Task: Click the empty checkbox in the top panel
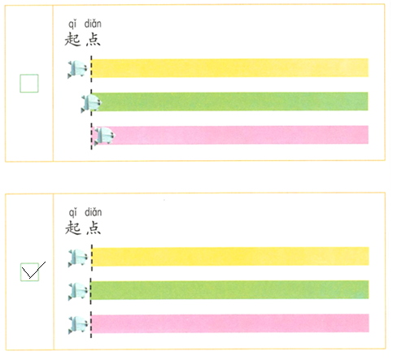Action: tap(29, 84)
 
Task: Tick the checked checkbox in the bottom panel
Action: tap(29, 272)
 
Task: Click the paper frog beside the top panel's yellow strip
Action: tap(77, 69)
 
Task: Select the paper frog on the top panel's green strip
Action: tap(91, 103)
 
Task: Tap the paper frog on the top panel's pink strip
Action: tap(105, 136)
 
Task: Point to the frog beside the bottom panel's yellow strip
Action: tap(78, 258)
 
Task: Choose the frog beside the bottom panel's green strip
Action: tap(78, 292)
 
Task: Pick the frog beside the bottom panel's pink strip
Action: tap(78, 325)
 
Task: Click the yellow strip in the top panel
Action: tap(230, 67)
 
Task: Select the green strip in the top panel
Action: tap(230, 102)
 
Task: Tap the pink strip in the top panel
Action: tap(230, 135)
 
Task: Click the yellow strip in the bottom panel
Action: tap(230, 256)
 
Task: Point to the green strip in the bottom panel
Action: tap(229, 290)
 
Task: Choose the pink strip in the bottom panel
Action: tap(230, 323)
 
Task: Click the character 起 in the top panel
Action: tap(72, 40)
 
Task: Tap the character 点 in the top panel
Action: tap(94, 40)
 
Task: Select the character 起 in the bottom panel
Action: tap(73, 228)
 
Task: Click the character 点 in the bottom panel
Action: tap(94, 228)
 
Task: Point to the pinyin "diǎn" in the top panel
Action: tap(93, 24)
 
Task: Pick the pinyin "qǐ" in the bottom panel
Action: tap(72, 213)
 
